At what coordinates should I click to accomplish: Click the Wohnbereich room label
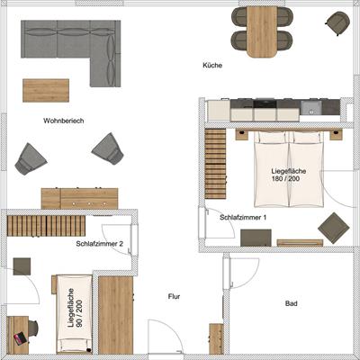click(x=64, y=121)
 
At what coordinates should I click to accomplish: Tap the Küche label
click(x=212, y=65)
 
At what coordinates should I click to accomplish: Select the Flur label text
click(x=174, y=296)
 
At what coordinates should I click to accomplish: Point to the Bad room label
click(x=291, y=303)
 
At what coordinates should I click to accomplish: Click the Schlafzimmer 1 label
click(x=243, y=217)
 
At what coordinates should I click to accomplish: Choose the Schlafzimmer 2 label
click(x=99, y=244)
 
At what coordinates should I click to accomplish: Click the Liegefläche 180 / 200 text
click(x=289, y=175)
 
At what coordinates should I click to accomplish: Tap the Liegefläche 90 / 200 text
click(x=75, y=308)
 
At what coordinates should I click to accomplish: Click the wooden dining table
click(x=262, y=31)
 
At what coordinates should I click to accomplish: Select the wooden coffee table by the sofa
click(x=46, y=90)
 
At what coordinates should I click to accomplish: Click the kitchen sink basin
click(x=311, y=107)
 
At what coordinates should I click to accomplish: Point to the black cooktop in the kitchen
click(x=265, y=103)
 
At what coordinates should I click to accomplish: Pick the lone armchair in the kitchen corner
click(x=337, y=22)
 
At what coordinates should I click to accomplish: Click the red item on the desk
click(x=20, y=338)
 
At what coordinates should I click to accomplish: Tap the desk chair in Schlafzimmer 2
click(x=32, y=328)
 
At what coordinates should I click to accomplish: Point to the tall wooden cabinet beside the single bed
click(x=115, y=315)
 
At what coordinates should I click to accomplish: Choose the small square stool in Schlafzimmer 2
click(x=22, y=266)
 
